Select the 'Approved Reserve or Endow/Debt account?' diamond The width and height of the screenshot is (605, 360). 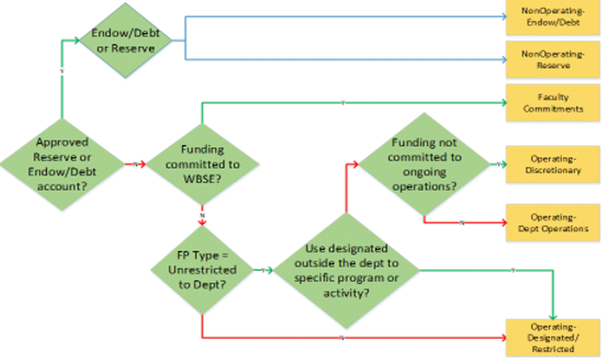62,164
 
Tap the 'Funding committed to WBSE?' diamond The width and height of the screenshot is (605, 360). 202,164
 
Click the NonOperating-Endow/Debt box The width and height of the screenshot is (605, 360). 552,17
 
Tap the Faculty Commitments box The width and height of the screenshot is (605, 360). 552,102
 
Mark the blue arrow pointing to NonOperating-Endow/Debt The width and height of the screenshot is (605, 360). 343,17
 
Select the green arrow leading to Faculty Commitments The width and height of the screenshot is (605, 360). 343,102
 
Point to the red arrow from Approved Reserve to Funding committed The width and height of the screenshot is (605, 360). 135,164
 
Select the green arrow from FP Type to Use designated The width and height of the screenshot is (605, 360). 264,270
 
